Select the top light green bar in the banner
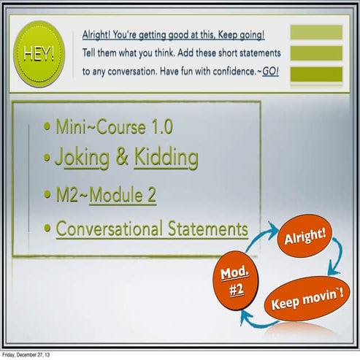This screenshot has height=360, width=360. (x=316, y=32)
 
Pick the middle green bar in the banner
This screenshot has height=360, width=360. (x=316, y=53)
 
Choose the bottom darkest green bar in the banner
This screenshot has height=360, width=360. (x=316, y=74)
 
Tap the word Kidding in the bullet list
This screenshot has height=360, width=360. (x=166, y=158)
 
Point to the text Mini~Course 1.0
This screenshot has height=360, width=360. (x=114, y=128)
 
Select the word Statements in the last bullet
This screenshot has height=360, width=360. (x=213, y=229)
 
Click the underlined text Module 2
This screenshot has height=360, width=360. (x=123, y=196)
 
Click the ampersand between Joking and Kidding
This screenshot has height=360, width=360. (x=121, y=158)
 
